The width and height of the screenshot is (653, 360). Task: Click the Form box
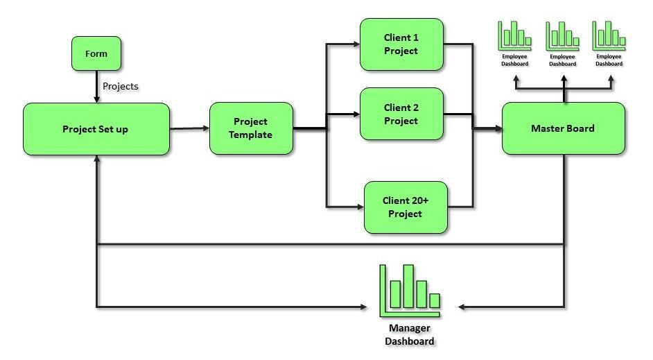click(96, 53)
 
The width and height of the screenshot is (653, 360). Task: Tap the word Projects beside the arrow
click(120, 86)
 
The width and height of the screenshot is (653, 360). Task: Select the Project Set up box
click(96, 129)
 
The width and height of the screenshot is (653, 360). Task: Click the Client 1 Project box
click(401, 44)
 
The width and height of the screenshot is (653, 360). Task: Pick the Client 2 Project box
click(401, 114)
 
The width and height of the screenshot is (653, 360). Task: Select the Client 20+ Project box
click(406, 207)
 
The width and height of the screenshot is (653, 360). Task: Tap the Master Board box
click(563, 128)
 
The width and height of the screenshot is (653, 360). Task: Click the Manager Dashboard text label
click(409, 334)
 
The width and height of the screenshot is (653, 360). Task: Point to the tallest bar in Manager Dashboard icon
click(408, 286)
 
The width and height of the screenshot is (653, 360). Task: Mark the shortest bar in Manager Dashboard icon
click(434, 300)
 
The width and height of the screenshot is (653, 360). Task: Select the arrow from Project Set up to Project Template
click(189, 128)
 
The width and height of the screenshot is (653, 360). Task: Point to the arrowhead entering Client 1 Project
click(354, 44)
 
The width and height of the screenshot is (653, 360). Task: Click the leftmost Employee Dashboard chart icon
click(514, 34)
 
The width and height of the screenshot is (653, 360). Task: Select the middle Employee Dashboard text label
click(562, 60)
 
